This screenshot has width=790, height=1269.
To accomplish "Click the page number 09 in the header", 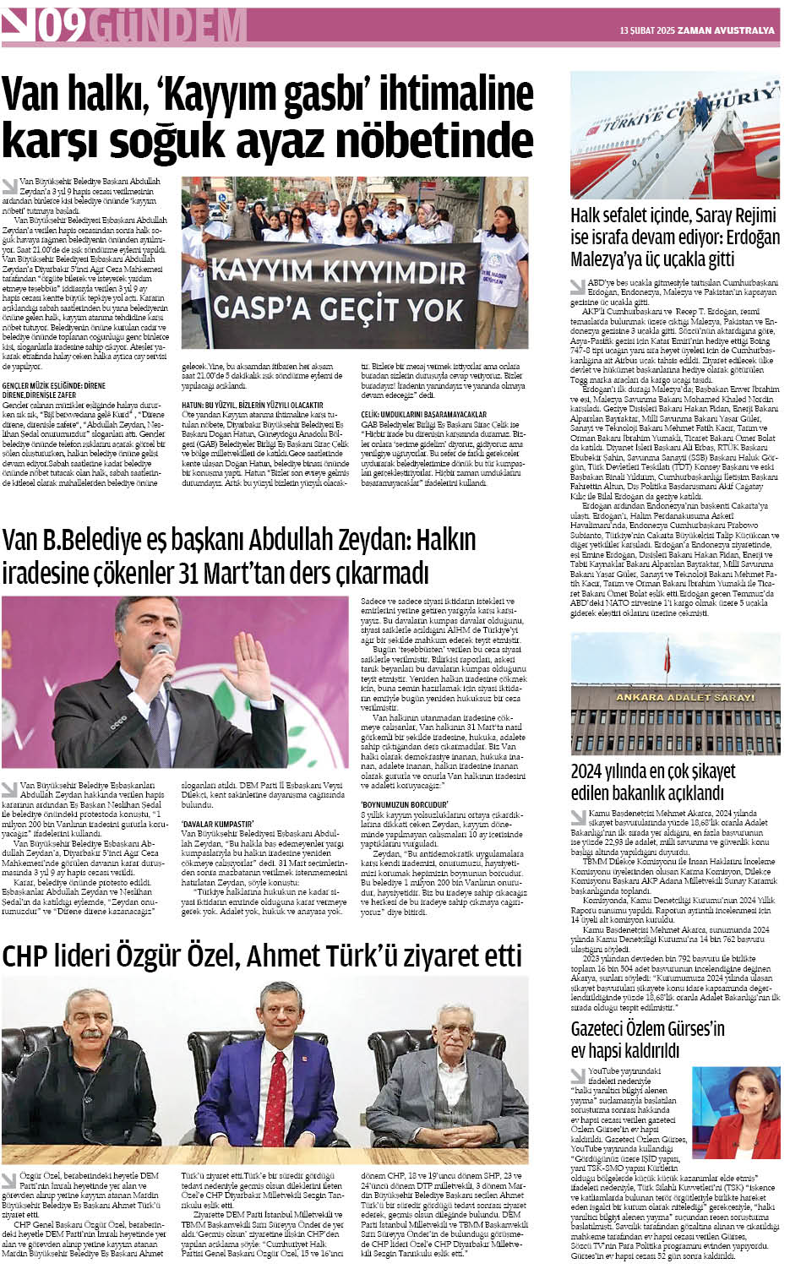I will (60, 29).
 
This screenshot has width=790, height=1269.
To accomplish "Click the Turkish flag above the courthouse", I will (667, 655).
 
